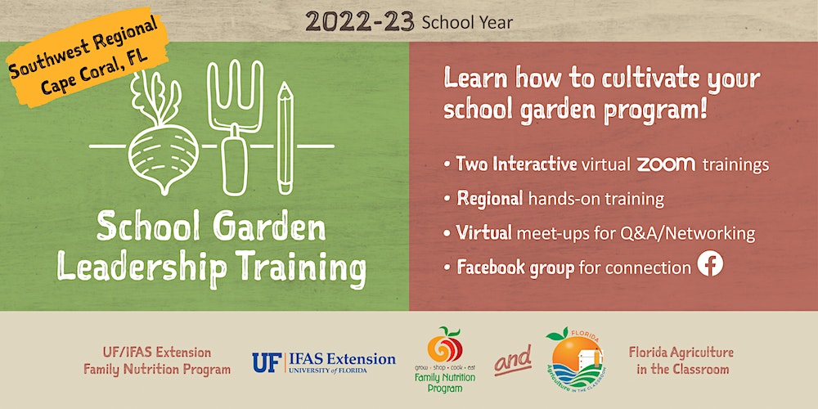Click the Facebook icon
coord(710,263)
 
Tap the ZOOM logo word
coord(666,164)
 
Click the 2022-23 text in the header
coord(360,21)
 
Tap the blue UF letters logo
coord(267,362)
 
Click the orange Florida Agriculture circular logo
coord(575,360)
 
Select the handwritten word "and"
coord(513,360)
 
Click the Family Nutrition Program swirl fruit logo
coord(444,344)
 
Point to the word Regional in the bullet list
coord(490,199)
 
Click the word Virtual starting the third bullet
coord(483,232)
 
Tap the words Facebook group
coord(515,267)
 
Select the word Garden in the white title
coord(269,227)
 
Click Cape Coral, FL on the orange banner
coord(95,71)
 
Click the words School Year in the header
coord(467,22)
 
